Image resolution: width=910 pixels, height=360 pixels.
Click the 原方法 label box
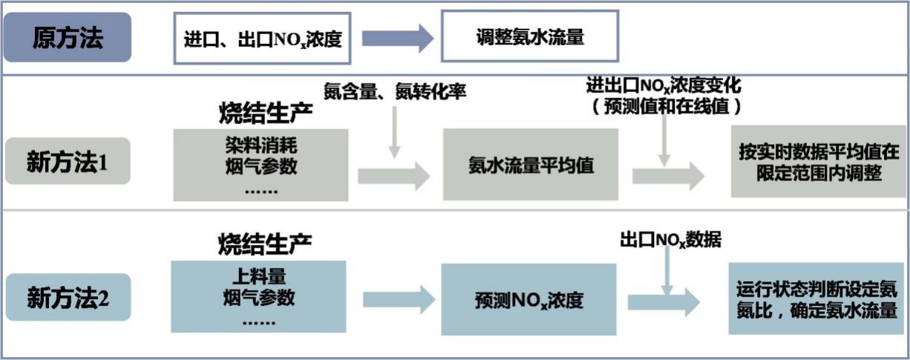pos(68,37)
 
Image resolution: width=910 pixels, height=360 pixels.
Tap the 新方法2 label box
pos(68,298)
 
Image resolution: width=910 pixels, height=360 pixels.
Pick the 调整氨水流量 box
pos(529,36)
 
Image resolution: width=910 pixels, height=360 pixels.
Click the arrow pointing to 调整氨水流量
pos(397,38)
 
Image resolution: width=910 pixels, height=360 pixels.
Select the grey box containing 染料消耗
pos(261,165)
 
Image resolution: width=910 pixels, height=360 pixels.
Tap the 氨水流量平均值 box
pos(530,165)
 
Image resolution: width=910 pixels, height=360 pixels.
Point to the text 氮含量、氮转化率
pos(395,93)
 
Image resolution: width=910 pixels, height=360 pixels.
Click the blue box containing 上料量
pos(258,296)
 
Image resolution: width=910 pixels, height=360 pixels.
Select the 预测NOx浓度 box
pos(529,300)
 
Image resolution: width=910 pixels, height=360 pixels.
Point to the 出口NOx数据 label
pos(670,240)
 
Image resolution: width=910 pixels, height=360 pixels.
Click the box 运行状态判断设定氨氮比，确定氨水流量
pos(816,298)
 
